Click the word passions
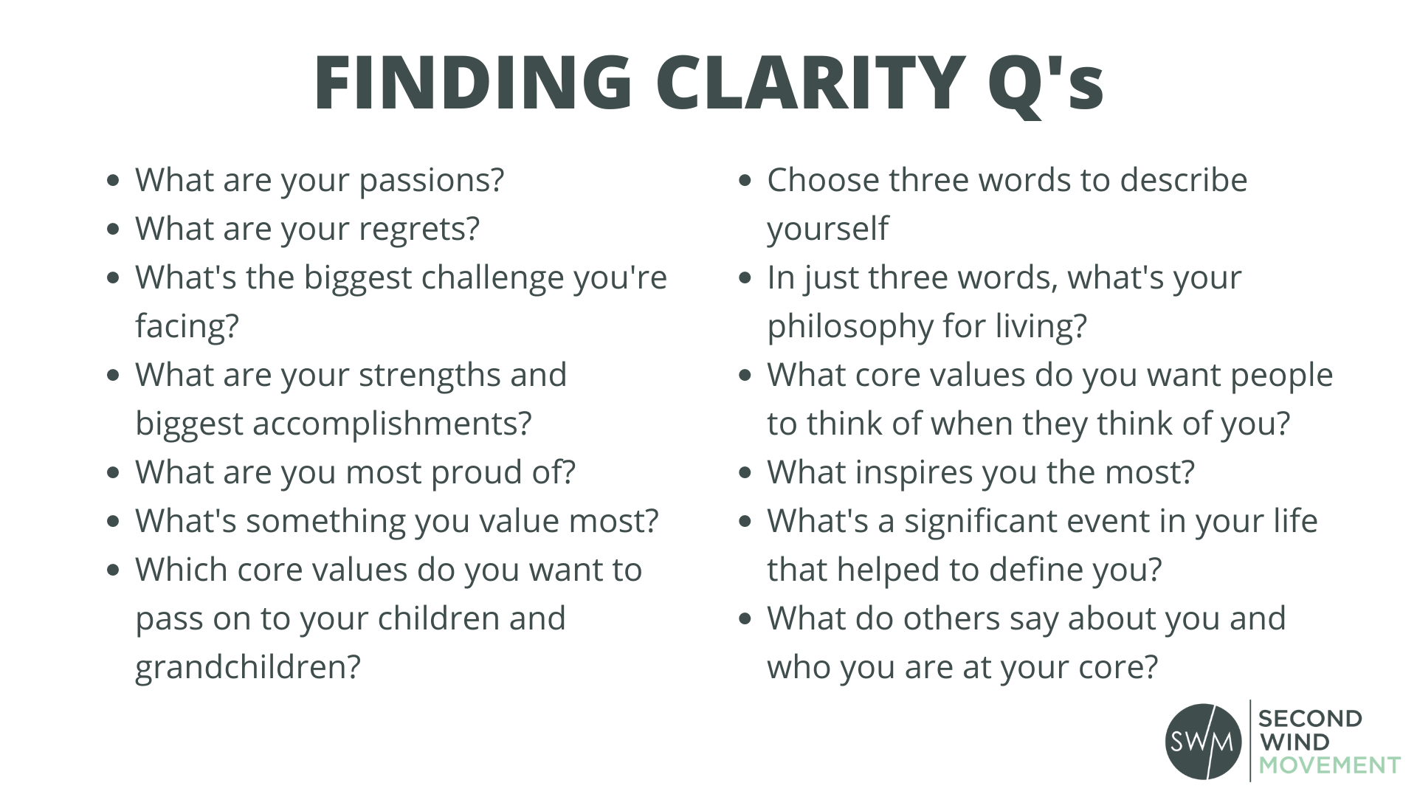432,182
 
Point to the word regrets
419,230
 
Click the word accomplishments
392,424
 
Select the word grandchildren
248,667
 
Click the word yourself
828,230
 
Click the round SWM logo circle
1204,741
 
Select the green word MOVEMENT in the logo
1330,765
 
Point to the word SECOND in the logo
1310,719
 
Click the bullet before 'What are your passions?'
113,180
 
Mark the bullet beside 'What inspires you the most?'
745,472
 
